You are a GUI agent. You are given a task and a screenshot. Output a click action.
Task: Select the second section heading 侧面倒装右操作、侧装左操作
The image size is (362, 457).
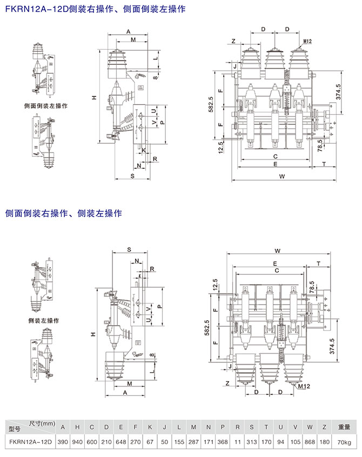pos(64,213)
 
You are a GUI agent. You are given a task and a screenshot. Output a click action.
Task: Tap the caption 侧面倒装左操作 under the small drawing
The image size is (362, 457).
pos(46,106)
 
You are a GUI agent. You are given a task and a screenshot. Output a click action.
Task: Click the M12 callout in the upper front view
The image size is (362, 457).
pos(308,41)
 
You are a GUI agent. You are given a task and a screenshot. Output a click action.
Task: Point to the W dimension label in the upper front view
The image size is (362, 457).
pos(281,176)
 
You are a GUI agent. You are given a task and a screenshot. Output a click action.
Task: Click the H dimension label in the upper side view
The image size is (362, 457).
pos(93,97)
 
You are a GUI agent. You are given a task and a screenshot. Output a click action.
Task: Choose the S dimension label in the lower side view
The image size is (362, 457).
pos(130,250)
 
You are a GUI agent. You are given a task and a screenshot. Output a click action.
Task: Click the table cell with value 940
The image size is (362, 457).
pos(77,442)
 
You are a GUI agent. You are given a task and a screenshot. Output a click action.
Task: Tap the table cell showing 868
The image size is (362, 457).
pos(310,442)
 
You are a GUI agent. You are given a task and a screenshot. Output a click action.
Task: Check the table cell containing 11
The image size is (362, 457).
pos(237,442)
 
